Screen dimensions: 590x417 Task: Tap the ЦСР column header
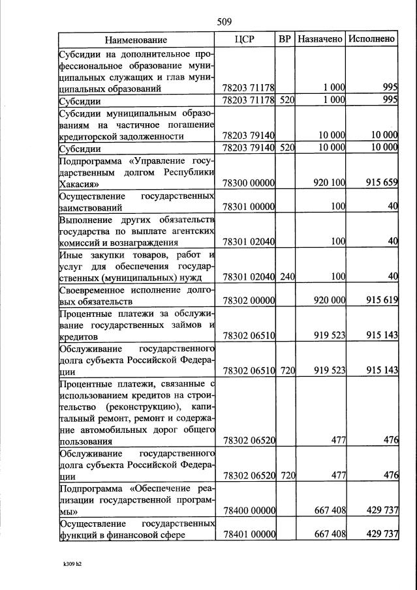[x=243, y=39]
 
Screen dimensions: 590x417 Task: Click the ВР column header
[x=285, y=39]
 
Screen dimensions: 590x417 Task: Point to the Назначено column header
[x=320, y=39]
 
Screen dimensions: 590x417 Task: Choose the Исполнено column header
[x=371, y=39]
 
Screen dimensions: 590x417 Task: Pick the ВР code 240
[x=287, y=277]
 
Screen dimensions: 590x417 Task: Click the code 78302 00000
[x=248, y=302]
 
